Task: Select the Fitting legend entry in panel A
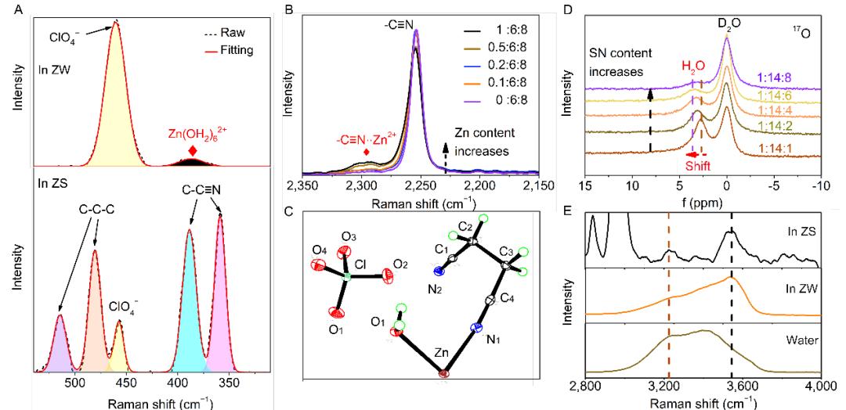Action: click(228, 50)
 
